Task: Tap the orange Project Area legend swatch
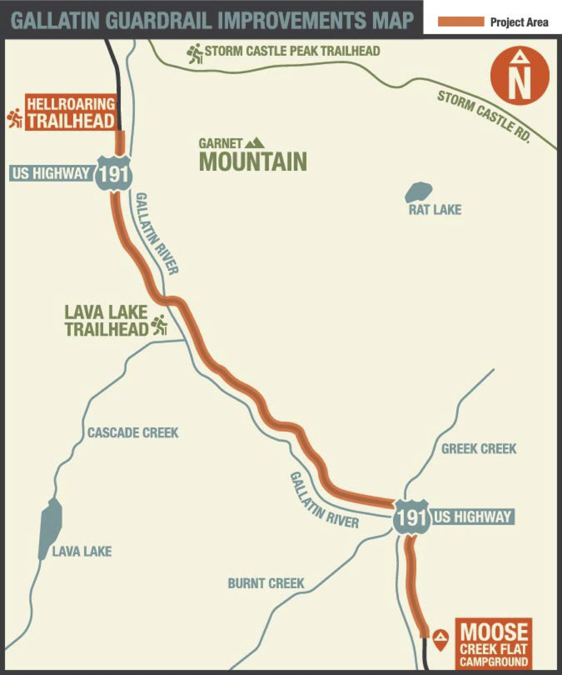coord(460,22)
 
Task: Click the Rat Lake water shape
coord(418,192)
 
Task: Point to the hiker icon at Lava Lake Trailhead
coord(159,325)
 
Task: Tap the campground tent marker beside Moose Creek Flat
coord(440,640)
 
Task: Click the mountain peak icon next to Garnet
coord(254,143)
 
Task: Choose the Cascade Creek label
coord(133,433)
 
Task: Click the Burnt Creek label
coord(266,583)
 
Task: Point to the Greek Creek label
coord(478,449)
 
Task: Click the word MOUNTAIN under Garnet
coord(253,162)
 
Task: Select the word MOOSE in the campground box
coord(494,633)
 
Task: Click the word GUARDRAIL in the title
coord(160,20)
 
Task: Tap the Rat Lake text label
coord(435,210)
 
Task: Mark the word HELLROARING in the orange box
coord(71,104)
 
